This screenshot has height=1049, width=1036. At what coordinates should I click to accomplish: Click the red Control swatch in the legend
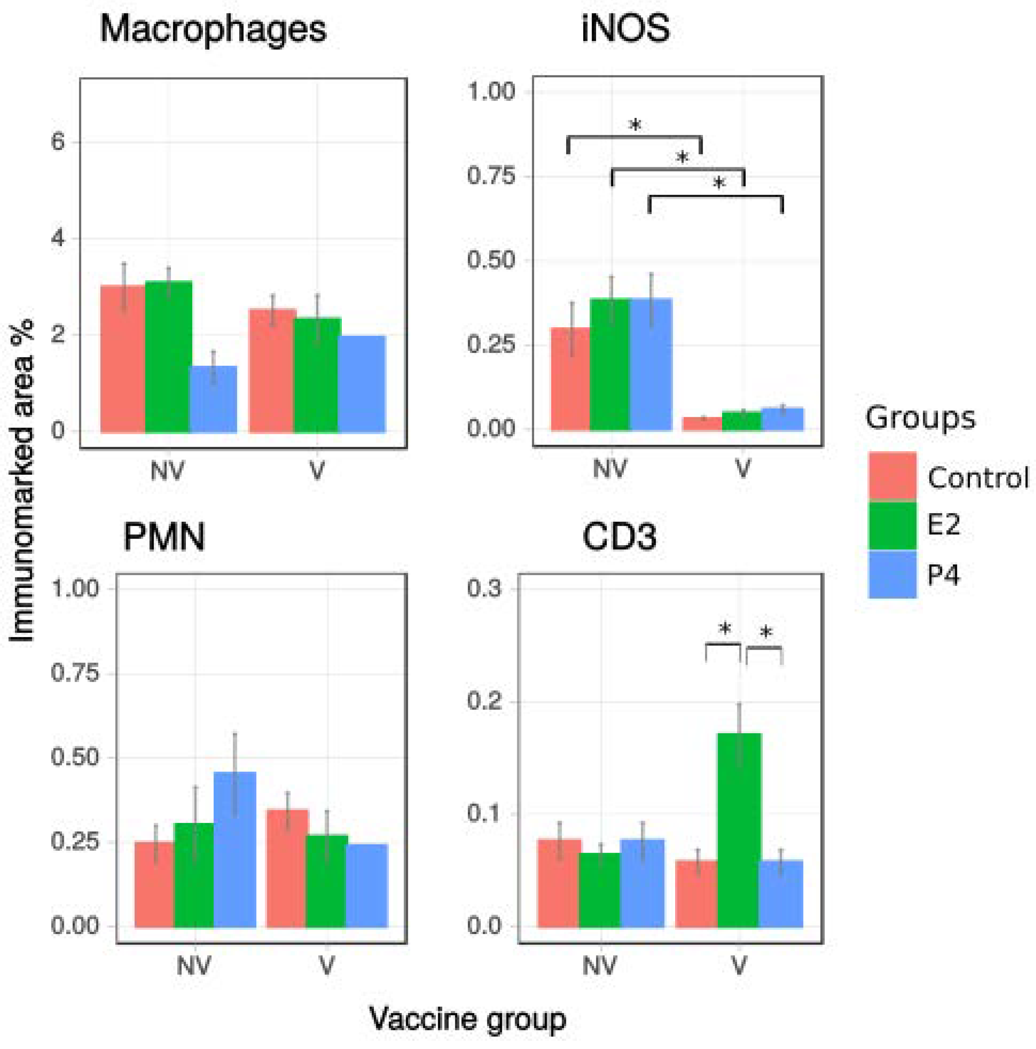[892, 475]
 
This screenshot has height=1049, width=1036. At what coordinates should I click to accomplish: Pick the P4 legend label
[943, 574]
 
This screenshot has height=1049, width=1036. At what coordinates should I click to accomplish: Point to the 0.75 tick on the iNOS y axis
[490, 176]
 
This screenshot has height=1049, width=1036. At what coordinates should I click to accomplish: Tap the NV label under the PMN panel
[194, 966]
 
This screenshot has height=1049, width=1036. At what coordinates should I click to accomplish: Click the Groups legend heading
[920, 418]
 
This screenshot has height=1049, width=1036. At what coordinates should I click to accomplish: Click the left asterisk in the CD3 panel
[724, 630]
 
